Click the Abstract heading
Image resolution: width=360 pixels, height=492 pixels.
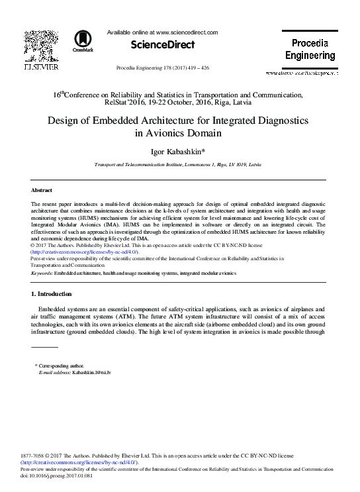coord(42,190)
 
